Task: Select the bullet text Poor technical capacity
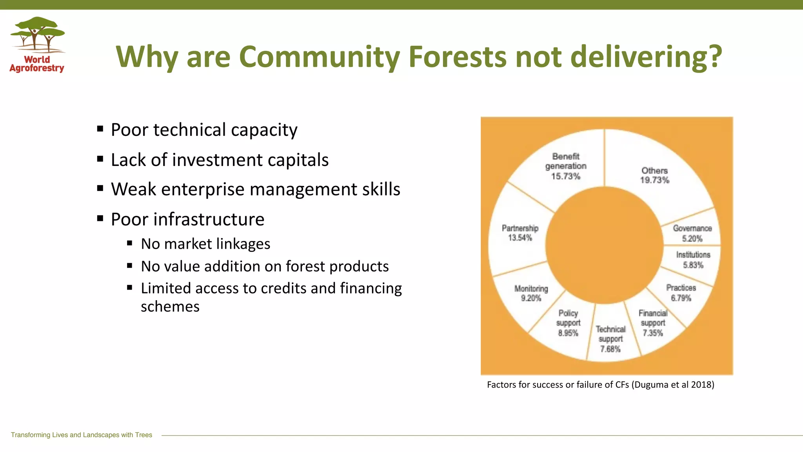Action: [204, 130]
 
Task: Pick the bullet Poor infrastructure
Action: [187, 219]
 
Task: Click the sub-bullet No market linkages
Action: [205, 244]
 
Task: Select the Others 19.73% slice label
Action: [654, 175]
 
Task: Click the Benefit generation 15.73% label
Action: [565, 166]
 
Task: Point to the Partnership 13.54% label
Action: [520, 233]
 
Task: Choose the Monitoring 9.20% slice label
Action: [531, 293]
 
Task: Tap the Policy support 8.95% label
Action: [568, 323]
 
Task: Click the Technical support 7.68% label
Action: [610, 339]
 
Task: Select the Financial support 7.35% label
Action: [653, 323]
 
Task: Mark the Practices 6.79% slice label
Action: [681, 293]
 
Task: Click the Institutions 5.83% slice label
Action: [693, 260]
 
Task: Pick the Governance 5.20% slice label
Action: [692, 233]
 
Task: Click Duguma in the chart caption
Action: [652, 385]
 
